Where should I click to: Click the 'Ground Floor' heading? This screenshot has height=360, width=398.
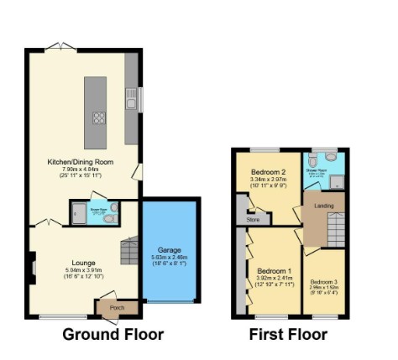tap(113, 335)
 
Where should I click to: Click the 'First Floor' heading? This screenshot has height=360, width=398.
tap(288, 335)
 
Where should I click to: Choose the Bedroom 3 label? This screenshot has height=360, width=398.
tap(323, 282)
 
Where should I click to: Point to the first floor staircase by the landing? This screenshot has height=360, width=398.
tap(334, 225)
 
